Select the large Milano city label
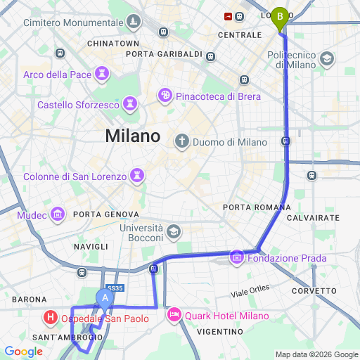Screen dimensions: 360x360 pos(133,136)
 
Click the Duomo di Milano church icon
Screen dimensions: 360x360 pos(182,141)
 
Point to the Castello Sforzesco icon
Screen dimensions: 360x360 pos(129,105)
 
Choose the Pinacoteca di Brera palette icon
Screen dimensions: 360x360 pos(165,96)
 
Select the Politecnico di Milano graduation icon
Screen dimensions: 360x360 pos(326,58)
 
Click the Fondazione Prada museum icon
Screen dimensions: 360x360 pos(236,258)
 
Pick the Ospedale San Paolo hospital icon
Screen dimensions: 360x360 pos(51,317)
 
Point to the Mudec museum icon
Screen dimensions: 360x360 pos(58,214)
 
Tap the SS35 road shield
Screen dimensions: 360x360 pos(116,288)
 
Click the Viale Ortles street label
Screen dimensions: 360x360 pos(250,289)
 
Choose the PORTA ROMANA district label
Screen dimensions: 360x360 pos(257,207)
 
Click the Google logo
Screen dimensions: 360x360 pos(23,352)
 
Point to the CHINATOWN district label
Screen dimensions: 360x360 pos(113,43)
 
